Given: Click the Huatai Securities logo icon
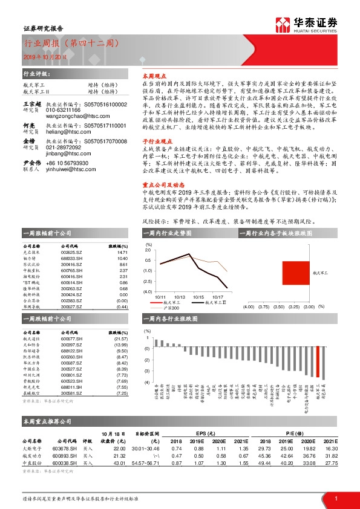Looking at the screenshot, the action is click(x=282, y=25).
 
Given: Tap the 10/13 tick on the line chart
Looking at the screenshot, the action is click(x=180, y=297).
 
